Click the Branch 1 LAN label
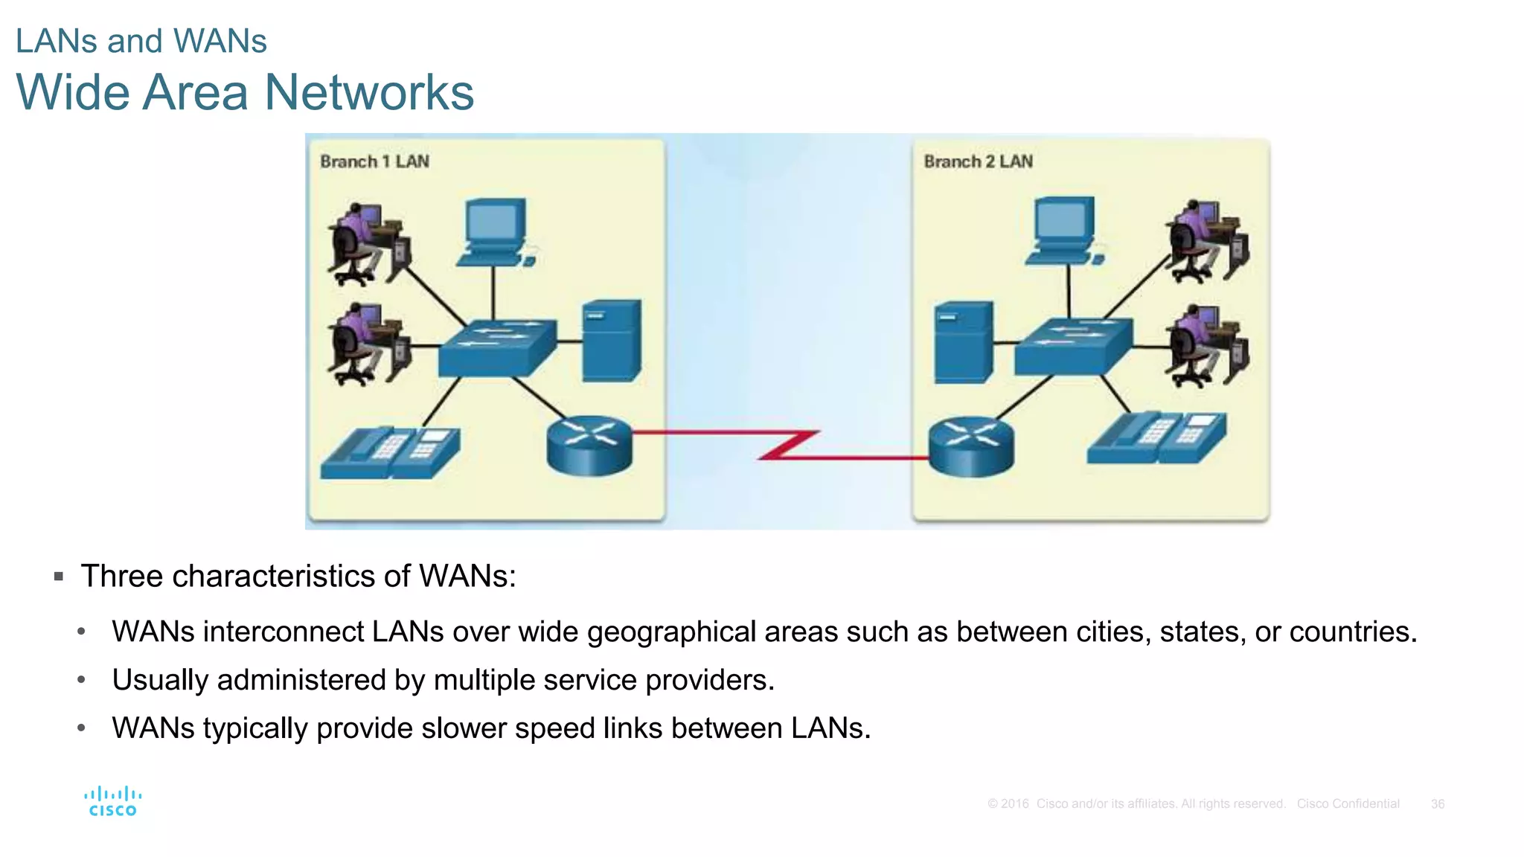coord(374,161)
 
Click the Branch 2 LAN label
coord(978,161)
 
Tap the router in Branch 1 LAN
coord(589,445)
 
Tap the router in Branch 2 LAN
coord(971,446)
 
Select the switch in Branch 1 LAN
coord(497,347)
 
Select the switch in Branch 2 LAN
coord(1073,346)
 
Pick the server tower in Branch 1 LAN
coord(611,341)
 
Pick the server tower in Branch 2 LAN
coord(964,342)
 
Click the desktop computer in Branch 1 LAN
coord(495,231)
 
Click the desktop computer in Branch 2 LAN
coord(1065,230)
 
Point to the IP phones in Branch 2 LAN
coord(1156,438)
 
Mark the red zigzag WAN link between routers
coord(789,445)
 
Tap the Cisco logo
coord(113,802)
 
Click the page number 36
coord(1438,804)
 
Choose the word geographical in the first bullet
coord(671,632)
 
